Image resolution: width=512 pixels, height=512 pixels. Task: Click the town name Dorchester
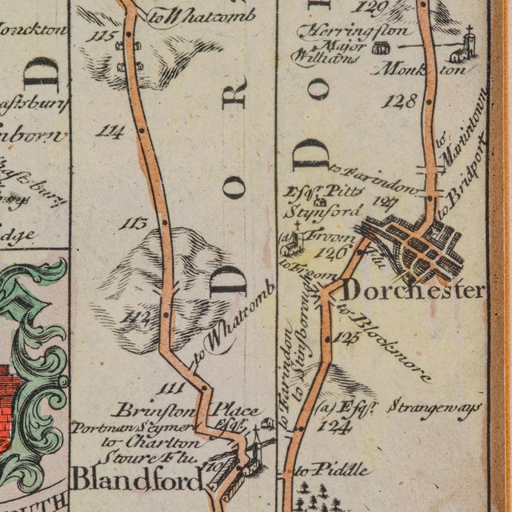point(413,290)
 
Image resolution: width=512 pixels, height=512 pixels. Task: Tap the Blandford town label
point(137,479)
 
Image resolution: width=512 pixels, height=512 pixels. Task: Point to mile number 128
point(399,102)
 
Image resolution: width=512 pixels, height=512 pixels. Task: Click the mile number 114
point(110,130)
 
